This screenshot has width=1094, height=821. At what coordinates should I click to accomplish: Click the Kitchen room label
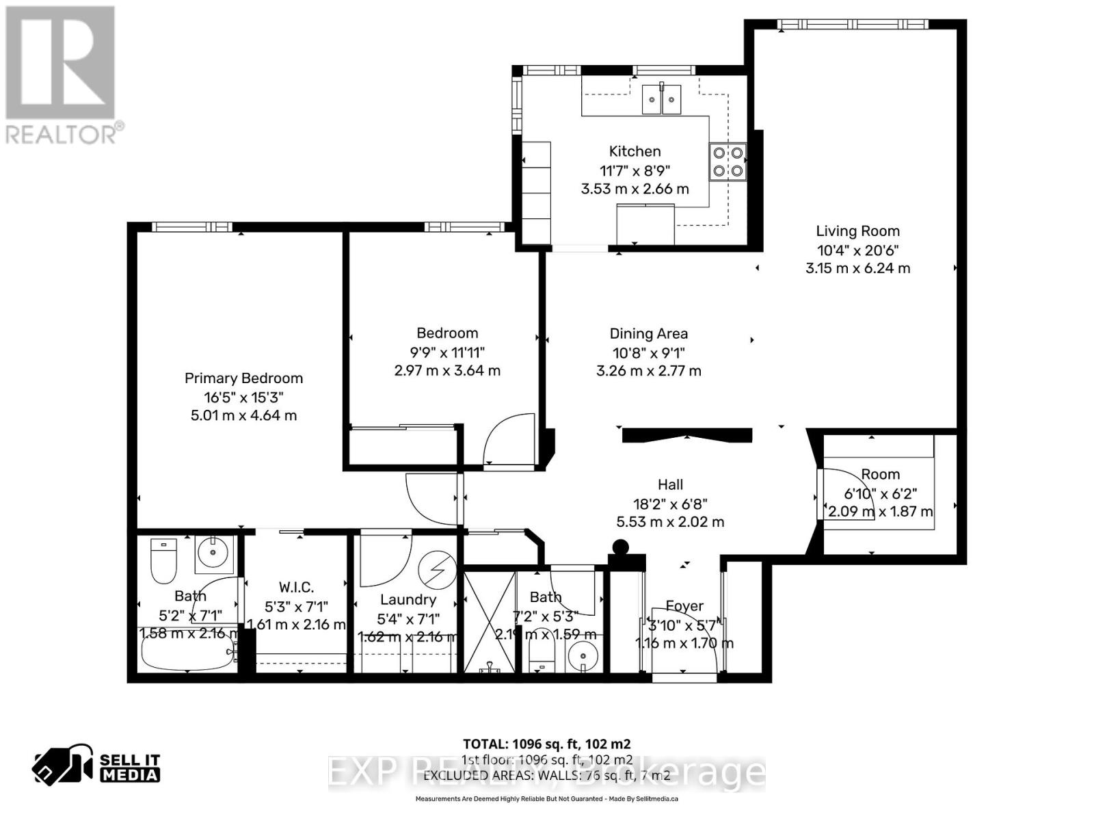[x=635, y=151]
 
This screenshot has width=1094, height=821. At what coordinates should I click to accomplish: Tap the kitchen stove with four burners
[x=728, y=162]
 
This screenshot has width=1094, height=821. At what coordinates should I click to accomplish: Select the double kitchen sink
[x=662, y=100]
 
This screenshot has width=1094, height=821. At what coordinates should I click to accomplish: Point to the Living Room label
[x=857, y=231]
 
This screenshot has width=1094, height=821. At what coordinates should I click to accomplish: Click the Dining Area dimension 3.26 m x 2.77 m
[x=648, y=371]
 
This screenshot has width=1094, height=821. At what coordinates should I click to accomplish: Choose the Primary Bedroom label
[x=243, y=378]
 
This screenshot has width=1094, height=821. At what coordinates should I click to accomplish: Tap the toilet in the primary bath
[x=163, y=560]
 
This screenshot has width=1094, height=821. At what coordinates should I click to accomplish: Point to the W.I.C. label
[x=296, y=587]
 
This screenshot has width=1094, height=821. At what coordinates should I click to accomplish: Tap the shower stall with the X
[x=489, y=621]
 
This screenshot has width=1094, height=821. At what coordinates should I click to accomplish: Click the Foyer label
[x=684, y=605]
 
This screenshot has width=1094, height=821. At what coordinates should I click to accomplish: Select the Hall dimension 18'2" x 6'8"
[x=670, y=504]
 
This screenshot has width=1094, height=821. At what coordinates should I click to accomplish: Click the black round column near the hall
[x=620, y=547]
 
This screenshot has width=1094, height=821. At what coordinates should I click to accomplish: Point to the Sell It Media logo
[x=96, y=766]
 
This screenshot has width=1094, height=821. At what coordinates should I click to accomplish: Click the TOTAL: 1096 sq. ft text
[x=546, y=744]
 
